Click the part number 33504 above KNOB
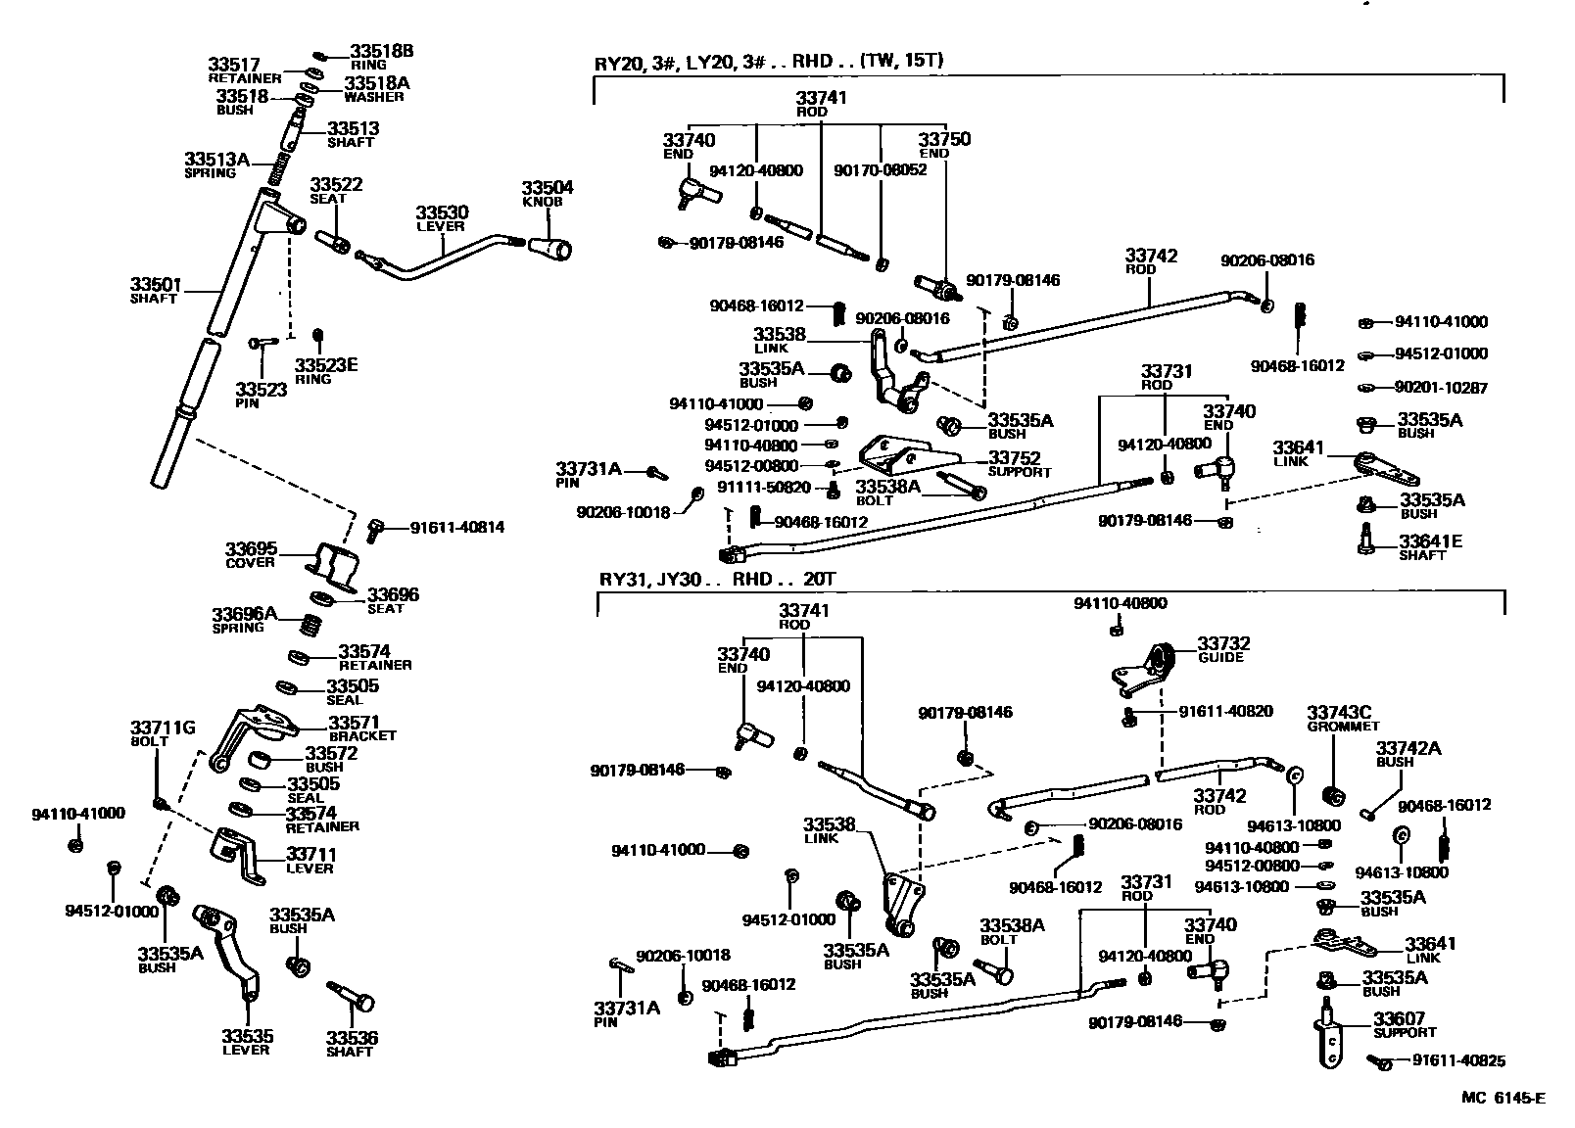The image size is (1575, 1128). coord(547,187)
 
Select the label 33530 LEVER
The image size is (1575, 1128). coord(441,217)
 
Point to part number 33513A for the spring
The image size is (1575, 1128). coord(216,159)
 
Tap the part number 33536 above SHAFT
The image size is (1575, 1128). coord(352,1038)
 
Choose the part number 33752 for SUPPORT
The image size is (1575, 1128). coord(1014,457)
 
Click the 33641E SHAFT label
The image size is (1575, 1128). coord(1429,546)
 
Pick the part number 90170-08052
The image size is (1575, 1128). coord(880,169)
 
